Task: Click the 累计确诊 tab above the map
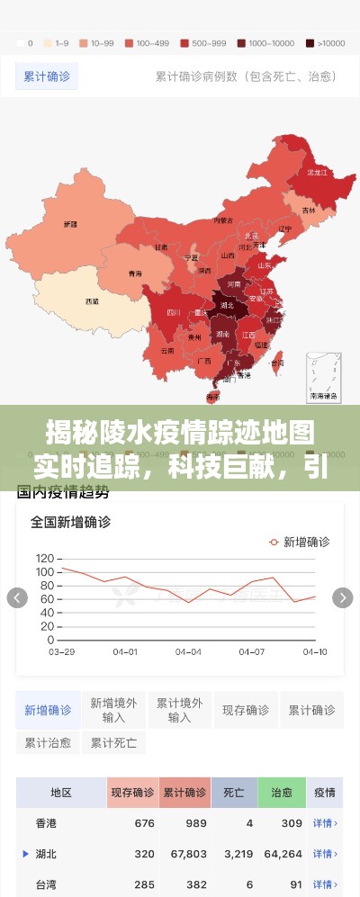(x=47, y=76)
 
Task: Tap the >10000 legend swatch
(x=310, y=42)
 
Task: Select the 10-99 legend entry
(x=84, y=42)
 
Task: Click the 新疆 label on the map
(x=70, y=223)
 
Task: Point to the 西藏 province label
(x=92, y=300)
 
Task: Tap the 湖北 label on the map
(x=226, y=305)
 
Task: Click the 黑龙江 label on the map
(x=316, y=172)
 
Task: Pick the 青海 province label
(x=135, y=273)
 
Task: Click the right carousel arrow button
(x=343, y=598)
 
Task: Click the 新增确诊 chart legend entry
(x=300, y=542)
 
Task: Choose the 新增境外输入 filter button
(x=114, y=710)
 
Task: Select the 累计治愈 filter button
(x=48, y=743)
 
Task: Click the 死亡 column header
(x=234, y=793)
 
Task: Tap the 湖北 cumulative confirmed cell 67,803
(x=187, y=854)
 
